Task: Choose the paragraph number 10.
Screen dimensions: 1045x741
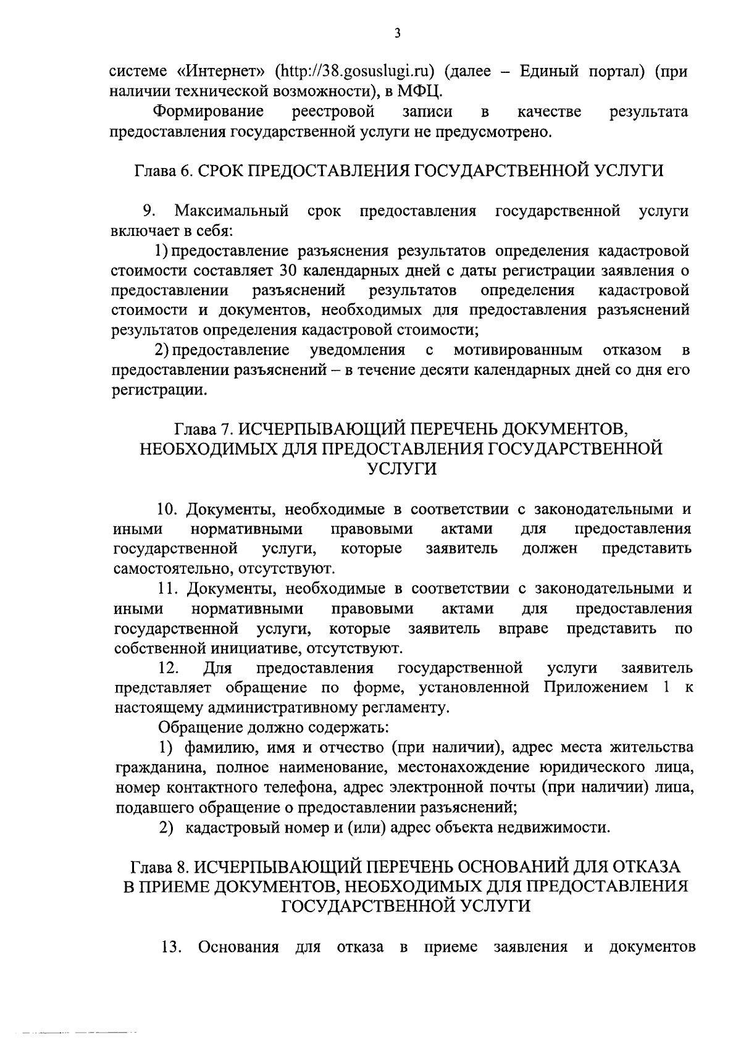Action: coord(167,510)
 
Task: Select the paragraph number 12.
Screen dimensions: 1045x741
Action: coord(169,668)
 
